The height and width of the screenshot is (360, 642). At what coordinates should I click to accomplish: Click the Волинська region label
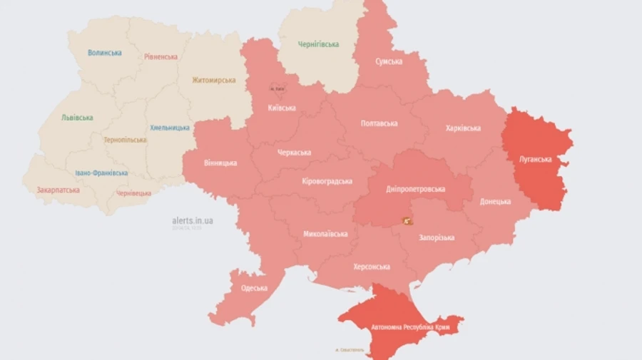pyautogui.click(x=105, y=53)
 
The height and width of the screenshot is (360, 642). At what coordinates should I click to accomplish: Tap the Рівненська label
pyautogui.click(x=160, y=57)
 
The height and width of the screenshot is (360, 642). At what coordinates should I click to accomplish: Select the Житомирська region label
pyautogui.click(x=213, y=80)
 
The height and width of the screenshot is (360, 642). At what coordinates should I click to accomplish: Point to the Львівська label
pyautogui.click(x=77, y=118)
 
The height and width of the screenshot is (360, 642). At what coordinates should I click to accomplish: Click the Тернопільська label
pyautogui.click(x=125, y=140)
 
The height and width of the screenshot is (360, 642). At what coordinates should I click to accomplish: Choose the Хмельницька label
pyautogui.click(x=170, y=128)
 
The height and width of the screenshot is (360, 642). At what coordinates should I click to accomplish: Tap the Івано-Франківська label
pyautogui.click(x=101, y=173)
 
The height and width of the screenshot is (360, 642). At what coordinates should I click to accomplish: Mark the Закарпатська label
pyautogui.click(x=58, y=190)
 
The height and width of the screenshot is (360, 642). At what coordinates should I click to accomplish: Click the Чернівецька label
pyautogui.click(x=133, y=193)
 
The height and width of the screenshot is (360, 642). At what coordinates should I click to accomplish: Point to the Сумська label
pyautogui.click(x=389, y=61)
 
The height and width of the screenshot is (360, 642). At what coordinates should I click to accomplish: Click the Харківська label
pyautogui.click(x=462, y=128)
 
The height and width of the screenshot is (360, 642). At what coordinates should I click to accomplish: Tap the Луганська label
pyautogui.click(x=535, y=159)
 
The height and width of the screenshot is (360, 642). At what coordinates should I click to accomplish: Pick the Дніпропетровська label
pyautogui.click(x=416, y=189)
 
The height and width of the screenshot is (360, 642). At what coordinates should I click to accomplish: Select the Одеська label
pyautogui.click(x=254, y=288)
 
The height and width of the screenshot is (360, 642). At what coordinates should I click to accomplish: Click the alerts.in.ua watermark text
pyautogui.click(x=193, y=221)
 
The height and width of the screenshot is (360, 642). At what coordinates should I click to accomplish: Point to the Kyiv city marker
pyautogui.click(x=276, y=88)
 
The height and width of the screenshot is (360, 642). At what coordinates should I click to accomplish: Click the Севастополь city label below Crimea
pyautogui.click(x=349, y=350)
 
